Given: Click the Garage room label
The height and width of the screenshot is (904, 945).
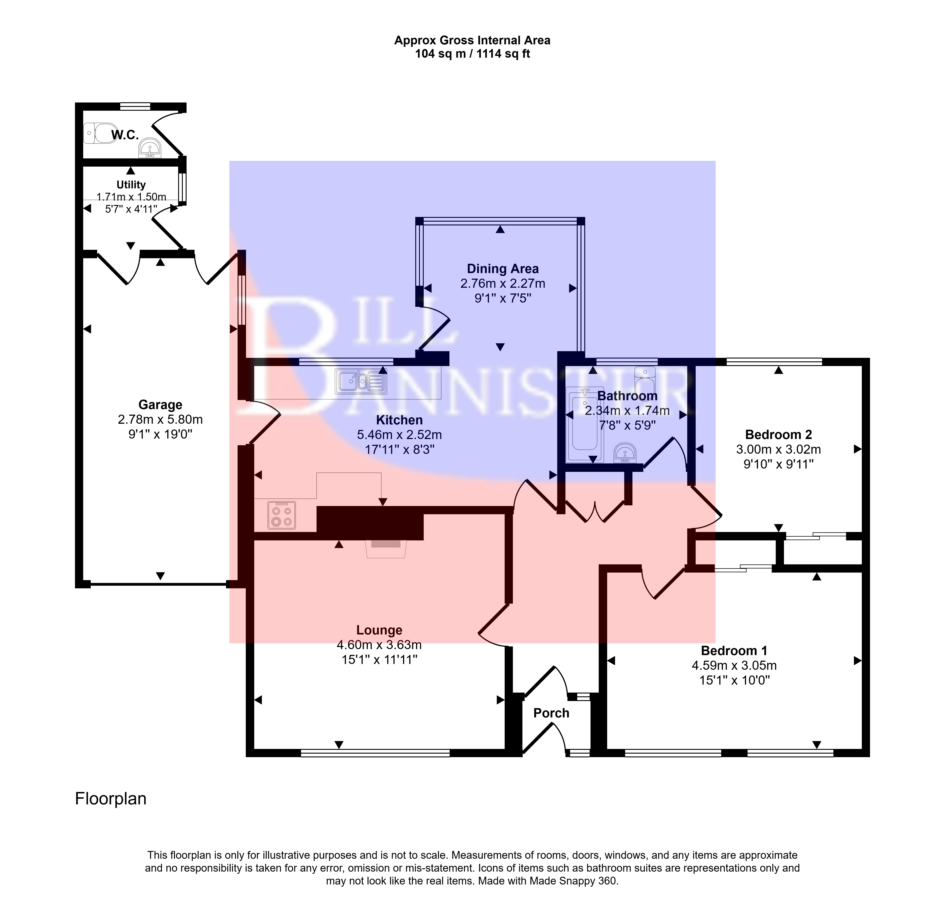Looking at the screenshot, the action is [x=160, y=405].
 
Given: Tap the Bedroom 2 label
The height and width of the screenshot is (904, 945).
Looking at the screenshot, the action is [x=778, y=435].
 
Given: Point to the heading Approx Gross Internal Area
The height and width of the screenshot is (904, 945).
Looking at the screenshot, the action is [x=472, y=40].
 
